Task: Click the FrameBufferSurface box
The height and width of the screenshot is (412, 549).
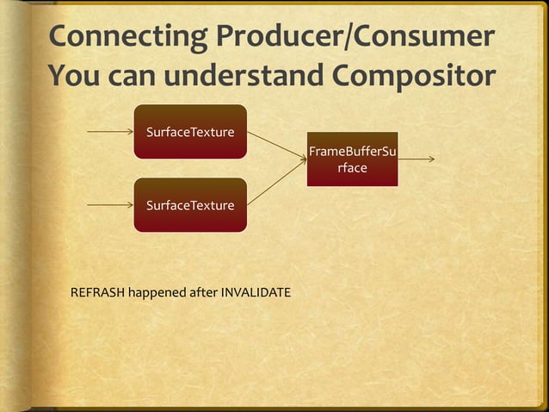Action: click(x=352, y=159)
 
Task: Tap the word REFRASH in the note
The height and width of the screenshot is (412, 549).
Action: click(x=97, y=293)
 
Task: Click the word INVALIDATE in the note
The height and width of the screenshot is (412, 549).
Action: click(x=256, y=293)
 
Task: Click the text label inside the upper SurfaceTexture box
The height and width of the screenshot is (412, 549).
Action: click(x=190, y=133)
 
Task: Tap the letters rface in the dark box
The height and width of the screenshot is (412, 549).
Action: click(x=352, y=168)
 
